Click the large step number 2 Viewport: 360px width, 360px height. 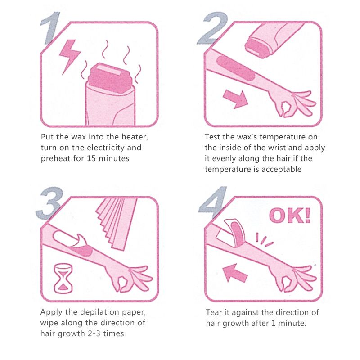213,28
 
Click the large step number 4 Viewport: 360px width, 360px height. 213,202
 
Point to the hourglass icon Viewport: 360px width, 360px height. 63,278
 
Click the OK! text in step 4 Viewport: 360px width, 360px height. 290,216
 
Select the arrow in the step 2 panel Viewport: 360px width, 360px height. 235,99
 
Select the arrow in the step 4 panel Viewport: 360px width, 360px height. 235,273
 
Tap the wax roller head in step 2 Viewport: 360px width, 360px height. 256,48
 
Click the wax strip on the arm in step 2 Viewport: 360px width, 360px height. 236,67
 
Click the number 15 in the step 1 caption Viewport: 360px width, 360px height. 91,158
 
